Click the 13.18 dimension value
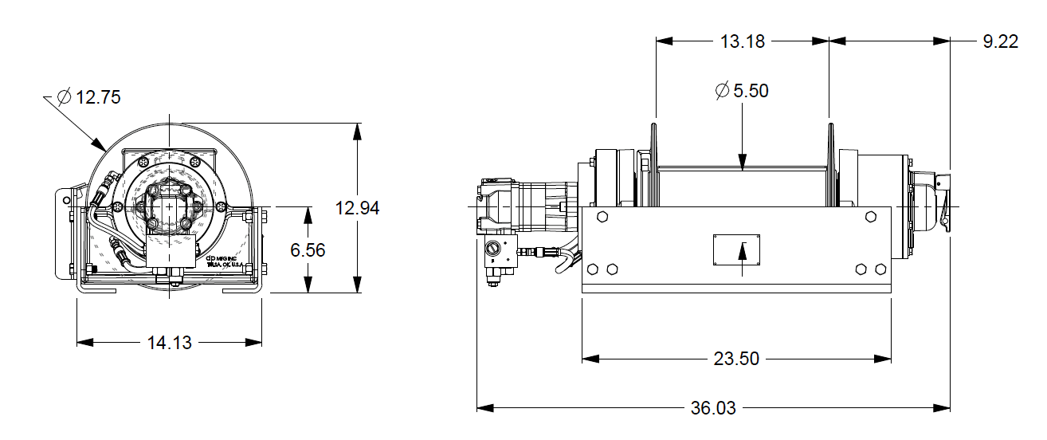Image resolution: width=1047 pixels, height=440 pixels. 742,41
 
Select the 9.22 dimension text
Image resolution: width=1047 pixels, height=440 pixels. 1000,41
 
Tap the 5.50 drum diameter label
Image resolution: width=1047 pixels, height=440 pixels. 750,91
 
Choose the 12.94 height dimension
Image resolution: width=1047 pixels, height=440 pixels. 357,209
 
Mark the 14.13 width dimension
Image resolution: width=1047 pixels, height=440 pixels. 169,343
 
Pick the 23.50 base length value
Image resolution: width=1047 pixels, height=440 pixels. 735,359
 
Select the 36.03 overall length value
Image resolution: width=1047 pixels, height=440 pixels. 712,408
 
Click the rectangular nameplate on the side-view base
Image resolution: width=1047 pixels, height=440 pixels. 736,250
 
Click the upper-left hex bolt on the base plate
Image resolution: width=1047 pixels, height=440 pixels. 602,218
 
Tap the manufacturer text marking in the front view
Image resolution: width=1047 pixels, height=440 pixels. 223,262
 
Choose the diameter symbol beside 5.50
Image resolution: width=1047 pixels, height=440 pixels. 722,91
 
